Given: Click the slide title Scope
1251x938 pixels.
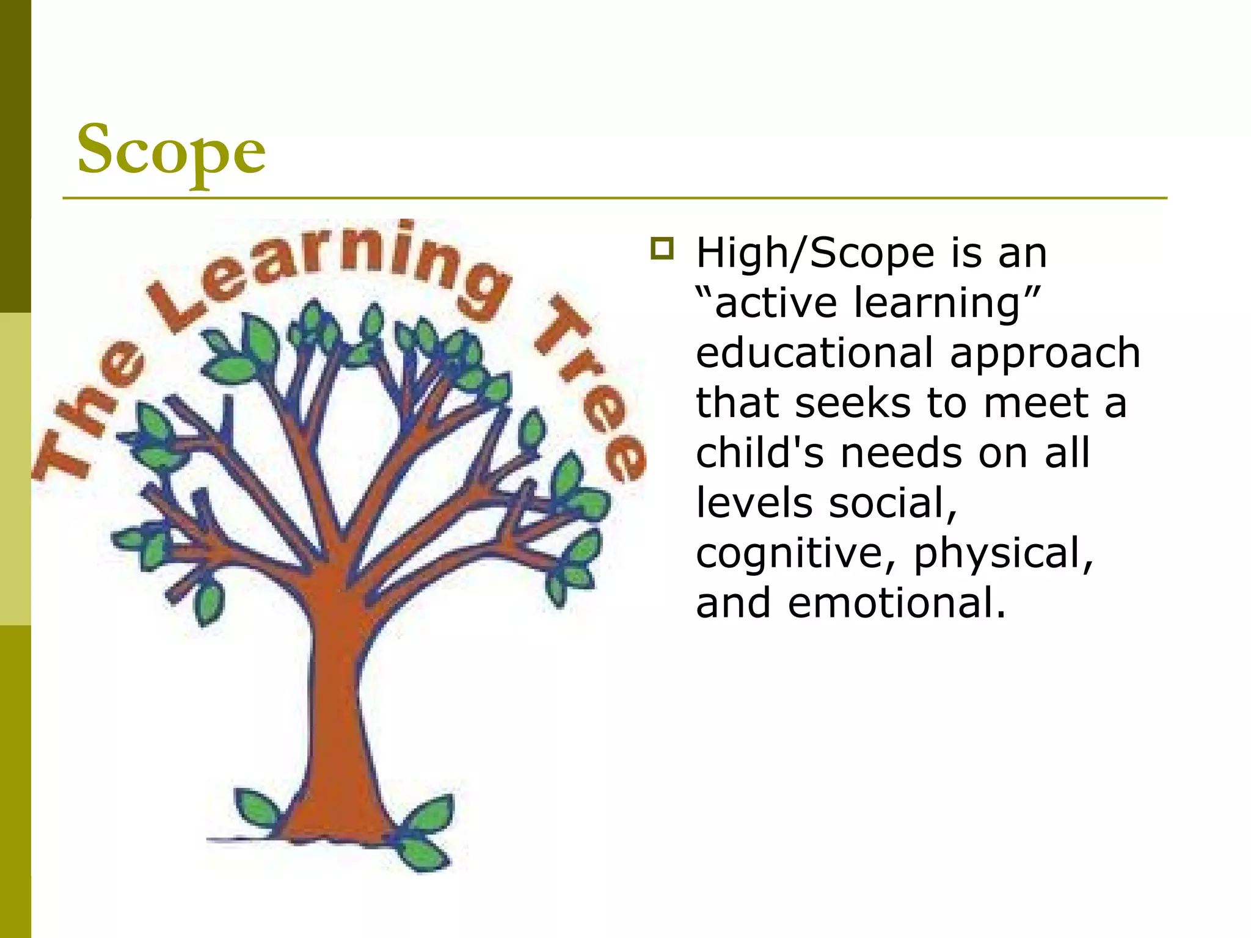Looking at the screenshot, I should coord(171,150).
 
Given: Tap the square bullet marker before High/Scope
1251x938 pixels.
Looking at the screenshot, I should coord(662,249).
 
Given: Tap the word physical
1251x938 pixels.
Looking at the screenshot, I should coord(1002,554).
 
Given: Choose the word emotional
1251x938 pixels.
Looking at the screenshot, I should coord(896,603).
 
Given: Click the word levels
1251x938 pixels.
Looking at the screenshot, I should coord(754,503).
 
